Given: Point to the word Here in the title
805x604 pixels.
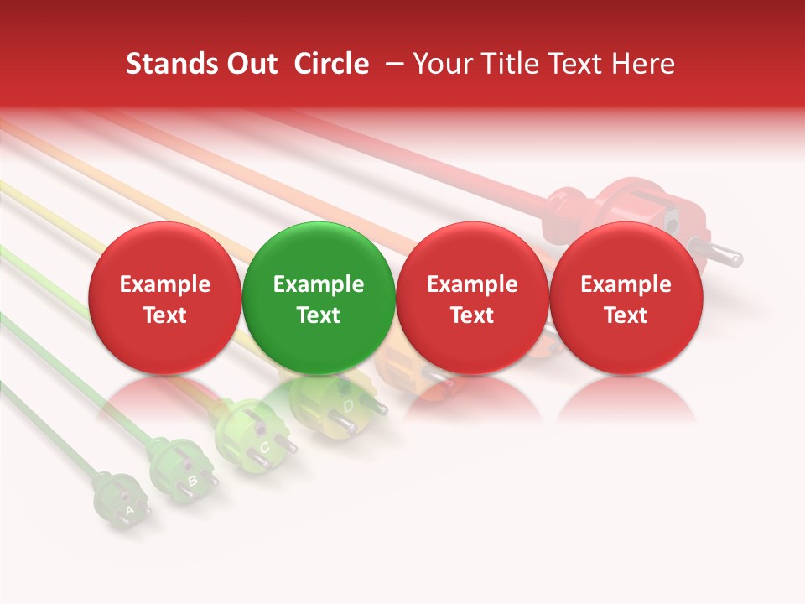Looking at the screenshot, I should point(645,64).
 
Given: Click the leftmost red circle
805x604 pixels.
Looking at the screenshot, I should point(164,298).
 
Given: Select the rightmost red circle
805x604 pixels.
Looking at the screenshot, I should point(626,298).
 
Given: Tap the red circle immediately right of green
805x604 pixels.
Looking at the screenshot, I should point(472,298).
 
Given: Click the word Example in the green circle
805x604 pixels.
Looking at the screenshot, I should point(319,284).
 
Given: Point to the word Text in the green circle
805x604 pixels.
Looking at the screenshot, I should point(319,315).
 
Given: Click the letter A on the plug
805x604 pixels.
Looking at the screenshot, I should point(129,509).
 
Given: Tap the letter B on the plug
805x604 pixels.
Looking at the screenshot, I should point(192,481).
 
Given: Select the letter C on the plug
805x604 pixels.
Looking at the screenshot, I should point(263,446).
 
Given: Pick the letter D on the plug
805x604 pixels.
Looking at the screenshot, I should point(348,406).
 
